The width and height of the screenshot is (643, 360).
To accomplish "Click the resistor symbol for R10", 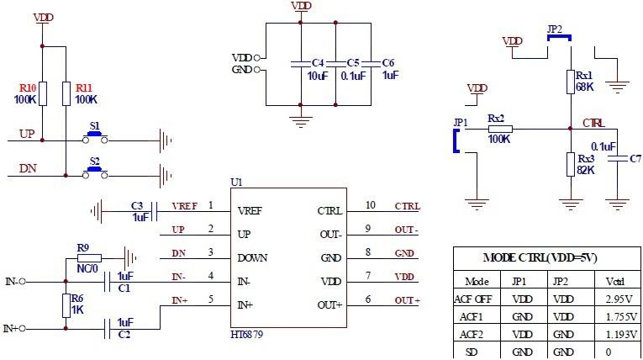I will pos(44,93).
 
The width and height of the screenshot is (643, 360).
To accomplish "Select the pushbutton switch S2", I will pos(95,171).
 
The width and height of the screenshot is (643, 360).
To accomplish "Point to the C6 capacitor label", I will pos(387,63).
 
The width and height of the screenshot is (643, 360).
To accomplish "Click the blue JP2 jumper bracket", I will pos(556,36).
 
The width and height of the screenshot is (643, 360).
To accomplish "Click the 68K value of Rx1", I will pos(584,87).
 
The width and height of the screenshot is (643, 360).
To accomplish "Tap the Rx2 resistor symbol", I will pos(500,129).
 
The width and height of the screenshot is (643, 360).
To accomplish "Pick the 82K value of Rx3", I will pos(586,170).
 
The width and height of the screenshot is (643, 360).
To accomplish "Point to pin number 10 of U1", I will pos(370,205).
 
